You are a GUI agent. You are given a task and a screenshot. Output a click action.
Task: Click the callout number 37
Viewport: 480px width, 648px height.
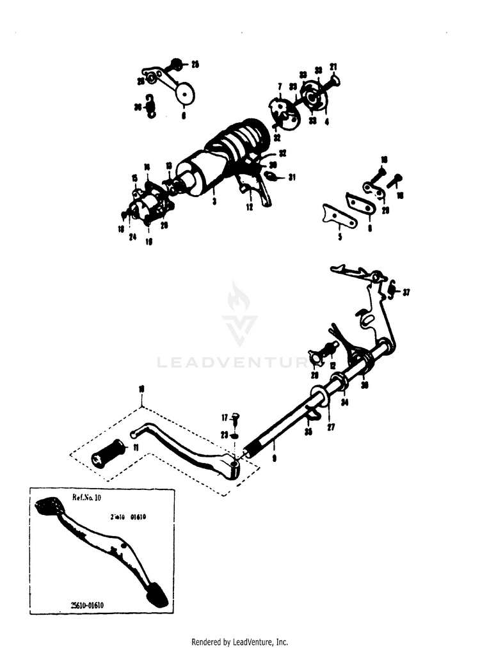pos(406,292)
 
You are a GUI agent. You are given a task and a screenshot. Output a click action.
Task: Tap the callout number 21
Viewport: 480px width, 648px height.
pos(333,67)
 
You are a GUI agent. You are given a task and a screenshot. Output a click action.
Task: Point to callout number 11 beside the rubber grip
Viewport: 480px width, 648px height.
pos(135,446)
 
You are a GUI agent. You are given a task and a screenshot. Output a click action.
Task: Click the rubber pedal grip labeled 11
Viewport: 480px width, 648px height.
pos(108,454)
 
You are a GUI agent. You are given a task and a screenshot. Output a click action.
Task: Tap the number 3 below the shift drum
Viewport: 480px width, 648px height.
pos(214,202)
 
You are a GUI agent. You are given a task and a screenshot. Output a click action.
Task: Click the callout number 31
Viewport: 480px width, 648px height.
pos(292,177)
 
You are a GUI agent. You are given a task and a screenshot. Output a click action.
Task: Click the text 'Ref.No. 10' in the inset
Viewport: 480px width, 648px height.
pos(83,496)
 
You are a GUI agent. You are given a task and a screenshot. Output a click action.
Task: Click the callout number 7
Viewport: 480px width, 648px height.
pos(280,86)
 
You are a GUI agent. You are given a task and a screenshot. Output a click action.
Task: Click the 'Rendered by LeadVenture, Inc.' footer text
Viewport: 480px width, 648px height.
pos(240,642)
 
